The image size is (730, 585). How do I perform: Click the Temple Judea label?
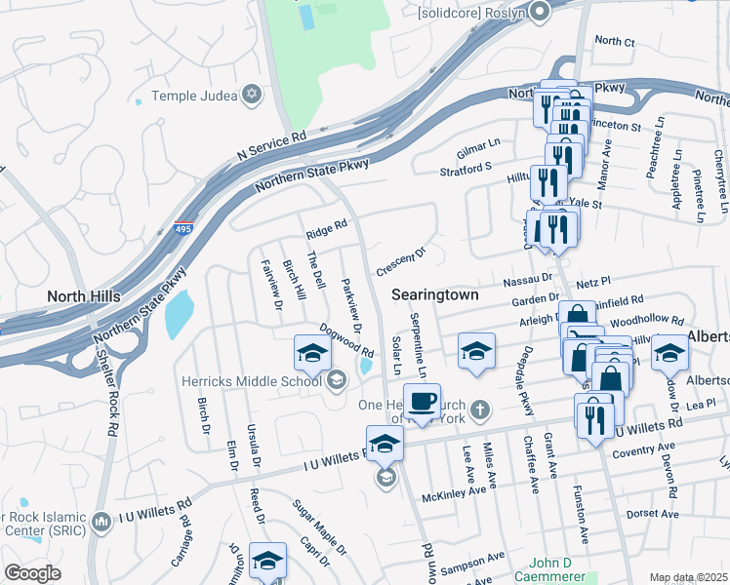pos(192,97)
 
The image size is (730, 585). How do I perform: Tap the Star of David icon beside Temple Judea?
pos(253,94)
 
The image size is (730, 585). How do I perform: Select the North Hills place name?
pos(84,295)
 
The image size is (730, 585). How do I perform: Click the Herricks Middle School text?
pos(251,380)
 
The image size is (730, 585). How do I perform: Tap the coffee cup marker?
pos(422,402)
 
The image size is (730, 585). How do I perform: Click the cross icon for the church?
pos(479,409)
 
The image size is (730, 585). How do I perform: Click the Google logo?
pos(32,573)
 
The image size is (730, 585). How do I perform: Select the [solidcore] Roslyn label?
pos(471,13)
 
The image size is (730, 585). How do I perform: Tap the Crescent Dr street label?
pos(401,260)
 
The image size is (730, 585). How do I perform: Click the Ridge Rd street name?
pos(326,230)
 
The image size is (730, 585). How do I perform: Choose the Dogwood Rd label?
pos(346,340)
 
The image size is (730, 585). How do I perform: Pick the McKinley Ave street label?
pos(453,493)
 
